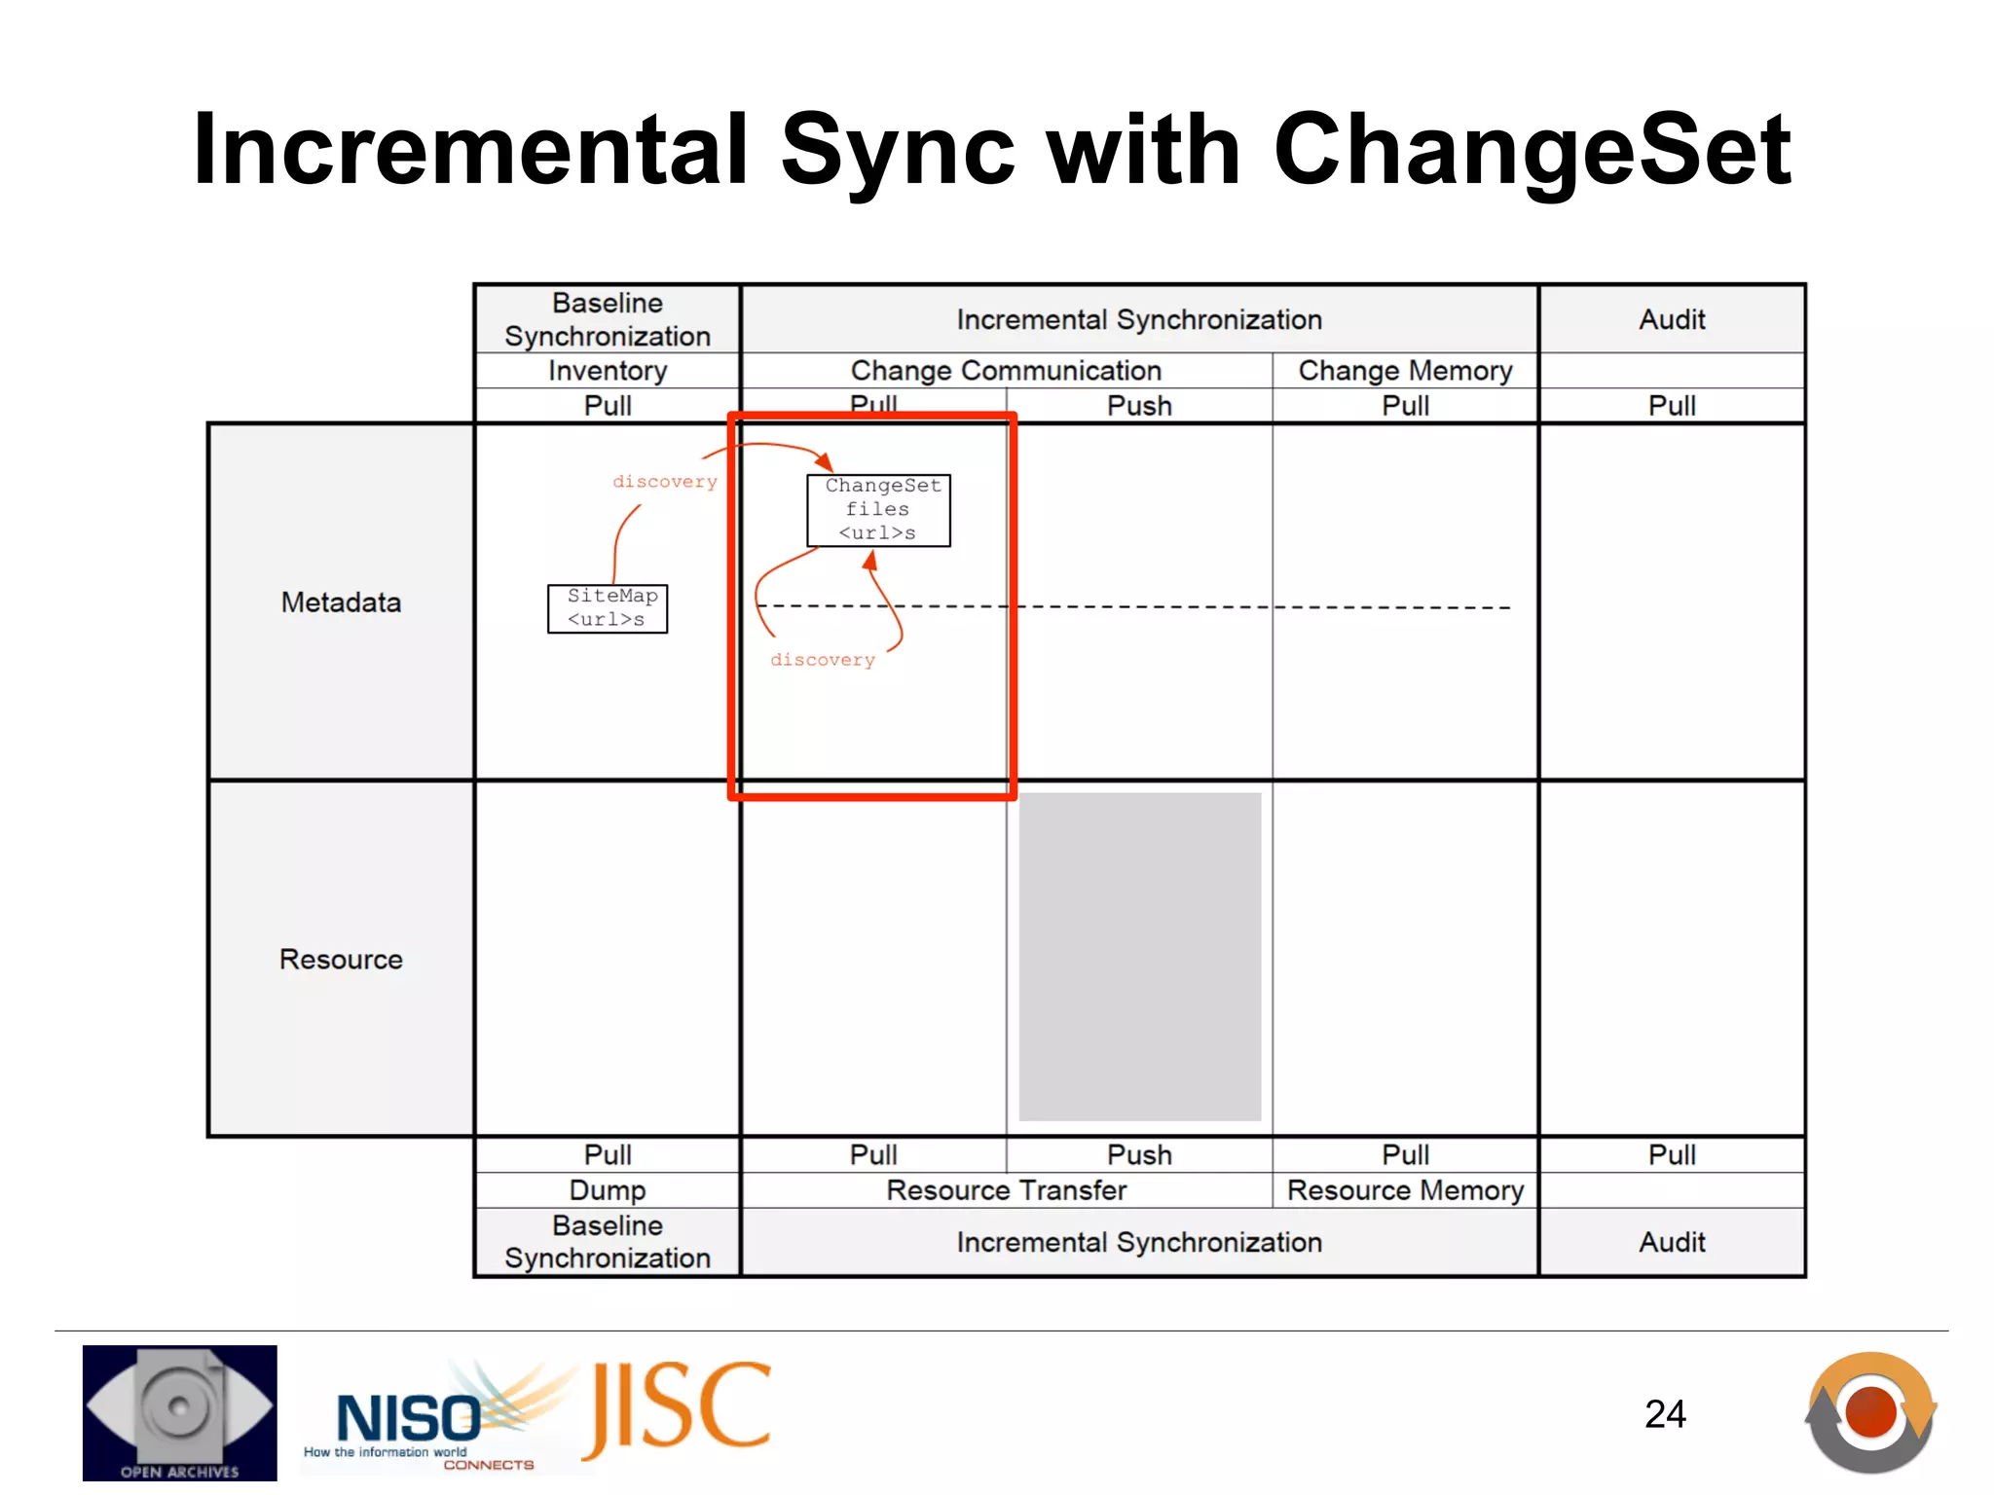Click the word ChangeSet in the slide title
[x=1531, y=151]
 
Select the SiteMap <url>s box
[x=608, y=608]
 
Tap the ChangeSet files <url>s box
[x=878, y=510]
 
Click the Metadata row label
[x=341, y=602]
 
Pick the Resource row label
[x=341, y=960]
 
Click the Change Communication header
[x=1006, y=371]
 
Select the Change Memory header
[x=1405, y=371]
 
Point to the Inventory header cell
[x=608, y=371]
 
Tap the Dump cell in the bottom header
[x=608, y=1190]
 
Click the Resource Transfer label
[x=1006, y=1190]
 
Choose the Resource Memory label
[x=1405, y=1190]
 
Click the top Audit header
[x=1672, y=320]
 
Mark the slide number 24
[x=1665, y=1414]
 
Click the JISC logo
[x=678, y=1407]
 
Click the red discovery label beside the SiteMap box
[x=664, y=482]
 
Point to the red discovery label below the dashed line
[x=823, y=660]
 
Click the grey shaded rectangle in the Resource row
[x=1139, y=957]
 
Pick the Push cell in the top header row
[x=1139, y=406]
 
